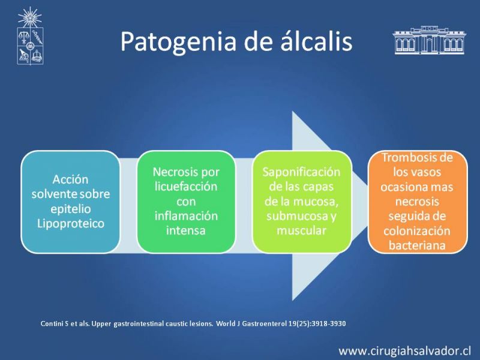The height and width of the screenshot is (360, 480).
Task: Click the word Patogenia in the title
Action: tap(178, 41)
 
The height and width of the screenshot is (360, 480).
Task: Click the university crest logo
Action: tap(29, 36)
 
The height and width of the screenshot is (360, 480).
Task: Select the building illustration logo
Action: tap(429, 40)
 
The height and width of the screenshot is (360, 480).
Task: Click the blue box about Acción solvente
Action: tap(70, 202)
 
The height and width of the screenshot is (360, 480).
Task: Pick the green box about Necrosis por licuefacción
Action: tap(186, 202)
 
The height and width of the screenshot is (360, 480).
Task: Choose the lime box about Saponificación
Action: tap(302, 202)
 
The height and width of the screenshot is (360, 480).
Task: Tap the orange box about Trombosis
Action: tap(418, 202)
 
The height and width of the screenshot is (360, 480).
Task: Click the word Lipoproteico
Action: tap(71, 224)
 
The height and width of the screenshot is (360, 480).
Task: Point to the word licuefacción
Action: tap(186, 187)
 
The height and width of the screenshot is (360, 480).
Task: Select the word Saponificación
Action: tap(302, 172)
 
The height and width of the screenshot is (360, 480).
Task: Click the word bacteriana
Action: tap(417, 245)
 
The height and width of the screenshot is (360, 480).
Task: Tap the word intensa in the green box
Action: tap(186, 230)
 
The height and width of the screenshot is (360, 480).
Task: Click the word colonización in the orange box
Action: tap(417, 231)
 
